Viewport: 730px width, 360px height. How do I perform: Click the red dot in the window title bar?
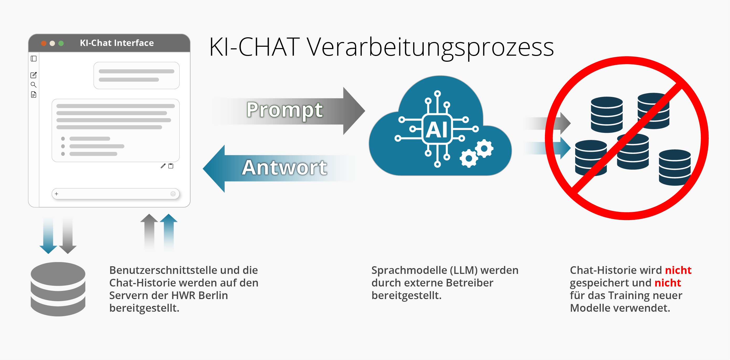[x=44, y=43]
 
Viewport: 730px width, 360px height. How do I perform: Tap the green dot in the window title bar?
[x=61, y=43]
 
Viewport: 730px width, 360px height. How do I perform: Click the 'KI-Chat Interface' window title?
[x=117, y=43]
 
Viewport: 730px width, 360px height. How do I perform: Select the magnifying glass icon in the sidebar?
[x=33, y=85]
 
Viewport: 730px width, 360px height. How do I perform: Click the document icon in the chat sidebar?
[x=33, y=95]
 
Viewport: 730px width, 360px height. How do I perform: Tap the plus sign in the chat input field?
[x=57, y=194]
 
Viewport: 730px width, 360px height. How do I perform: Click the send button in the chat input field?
[x=173, y=194]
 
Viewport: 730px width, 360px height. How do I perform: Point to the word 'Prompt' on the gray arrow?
[x=285, y=110]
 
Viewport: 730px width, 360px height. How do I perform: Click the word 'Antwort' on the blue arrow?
[x=284, y=168]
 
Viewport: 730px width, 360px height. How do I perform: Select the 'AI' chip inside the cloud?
[x=438, y=129]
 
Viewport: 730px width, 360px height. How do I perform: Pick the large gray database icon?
[x=58, y=289]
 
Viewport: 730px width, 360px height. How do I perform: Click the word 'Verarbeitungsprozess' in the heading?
[x=430, y=48]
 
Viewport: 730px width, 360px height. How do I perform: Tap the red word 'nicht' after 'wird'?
[x=678, y=270]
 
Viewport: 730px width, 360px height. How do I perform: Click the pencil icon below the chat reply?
[x=163, y=166]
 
